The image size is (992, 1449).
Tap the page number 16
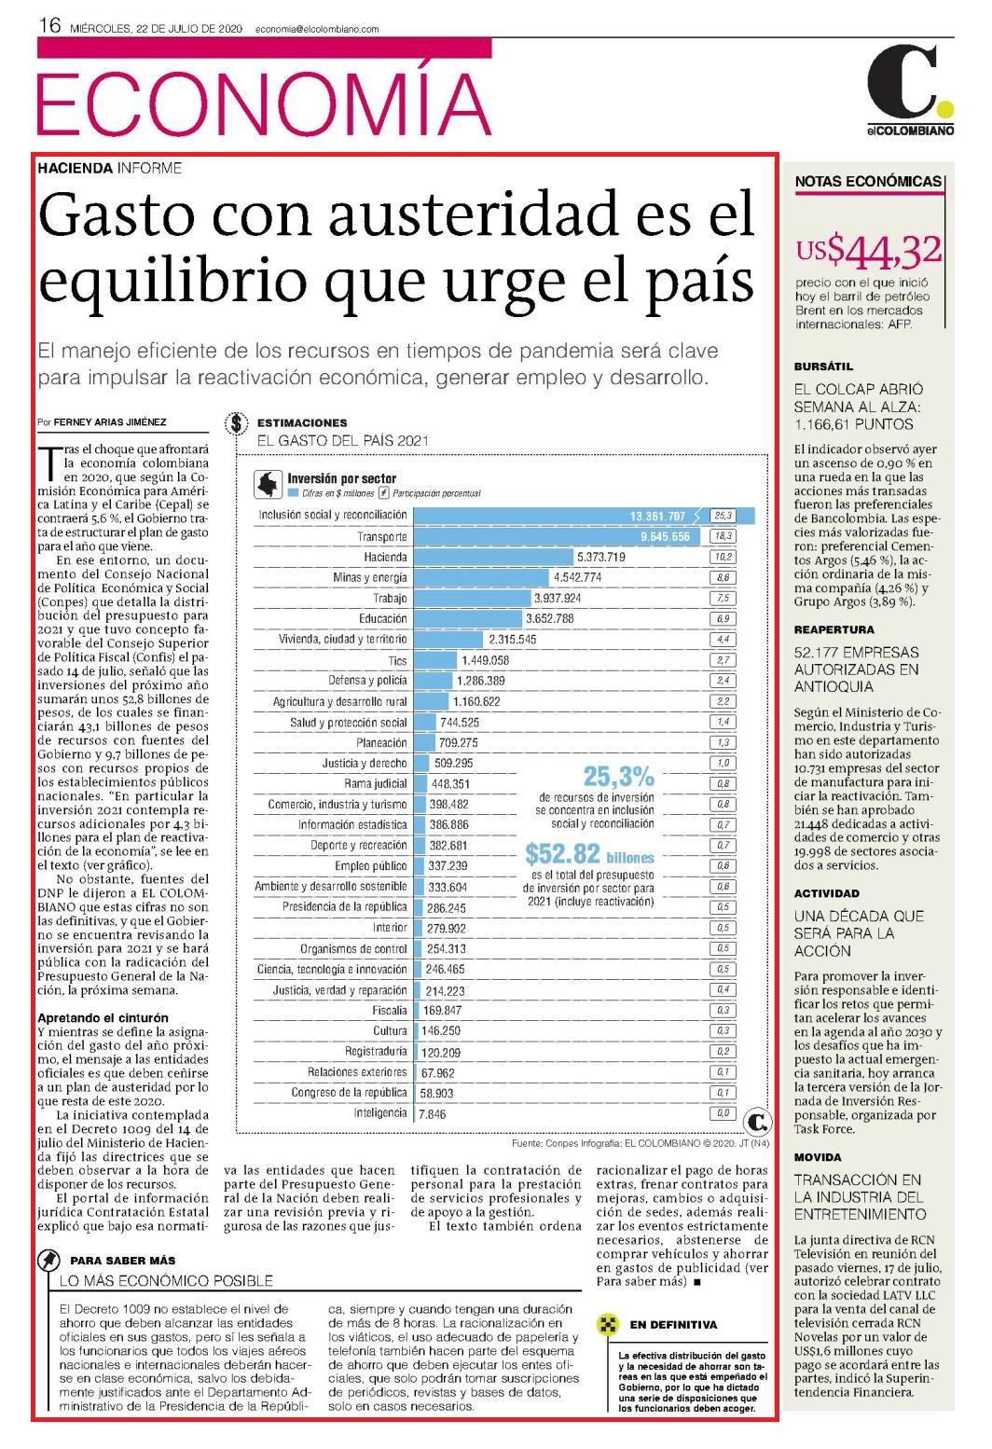coord(49,26)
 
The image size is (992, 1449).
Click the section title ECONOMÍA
coord(264,103)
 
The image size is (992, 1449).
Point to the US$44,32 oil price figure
coord(868,251)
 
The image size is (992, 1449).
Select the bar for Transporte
coord(557,537)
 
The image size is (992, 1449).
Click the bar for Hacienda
coord(493,557)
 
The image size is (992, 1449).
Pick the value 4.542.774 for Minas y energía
coord(577,578)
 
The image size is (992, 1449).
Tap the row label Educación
coord(383,619)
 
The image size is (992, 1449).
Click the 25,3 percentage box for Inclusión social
coord(723,516)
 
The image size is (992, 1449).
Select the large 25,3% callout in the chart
coord(618,776)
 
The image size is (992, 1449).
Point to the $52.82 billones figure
coord(589,854)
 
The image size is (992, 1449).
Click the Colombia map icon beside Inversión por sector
coord(268,484)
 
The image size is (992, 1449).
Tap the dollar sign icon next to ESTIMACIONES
coord(237,423)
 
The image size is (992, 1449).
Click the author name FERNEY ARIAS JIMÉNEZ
coord(110,422)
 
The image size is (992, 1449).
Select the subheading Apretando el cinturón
coord(103,1017)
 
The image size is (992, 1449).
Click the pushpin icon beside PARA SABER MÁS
coord(48,1260)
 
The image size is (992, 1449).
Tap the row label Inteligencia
coord(380,1113)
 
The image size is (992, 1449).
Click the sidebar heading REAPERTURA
coord(834,629)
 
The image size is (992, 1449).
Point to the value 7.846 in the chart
coord(432,1114)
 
